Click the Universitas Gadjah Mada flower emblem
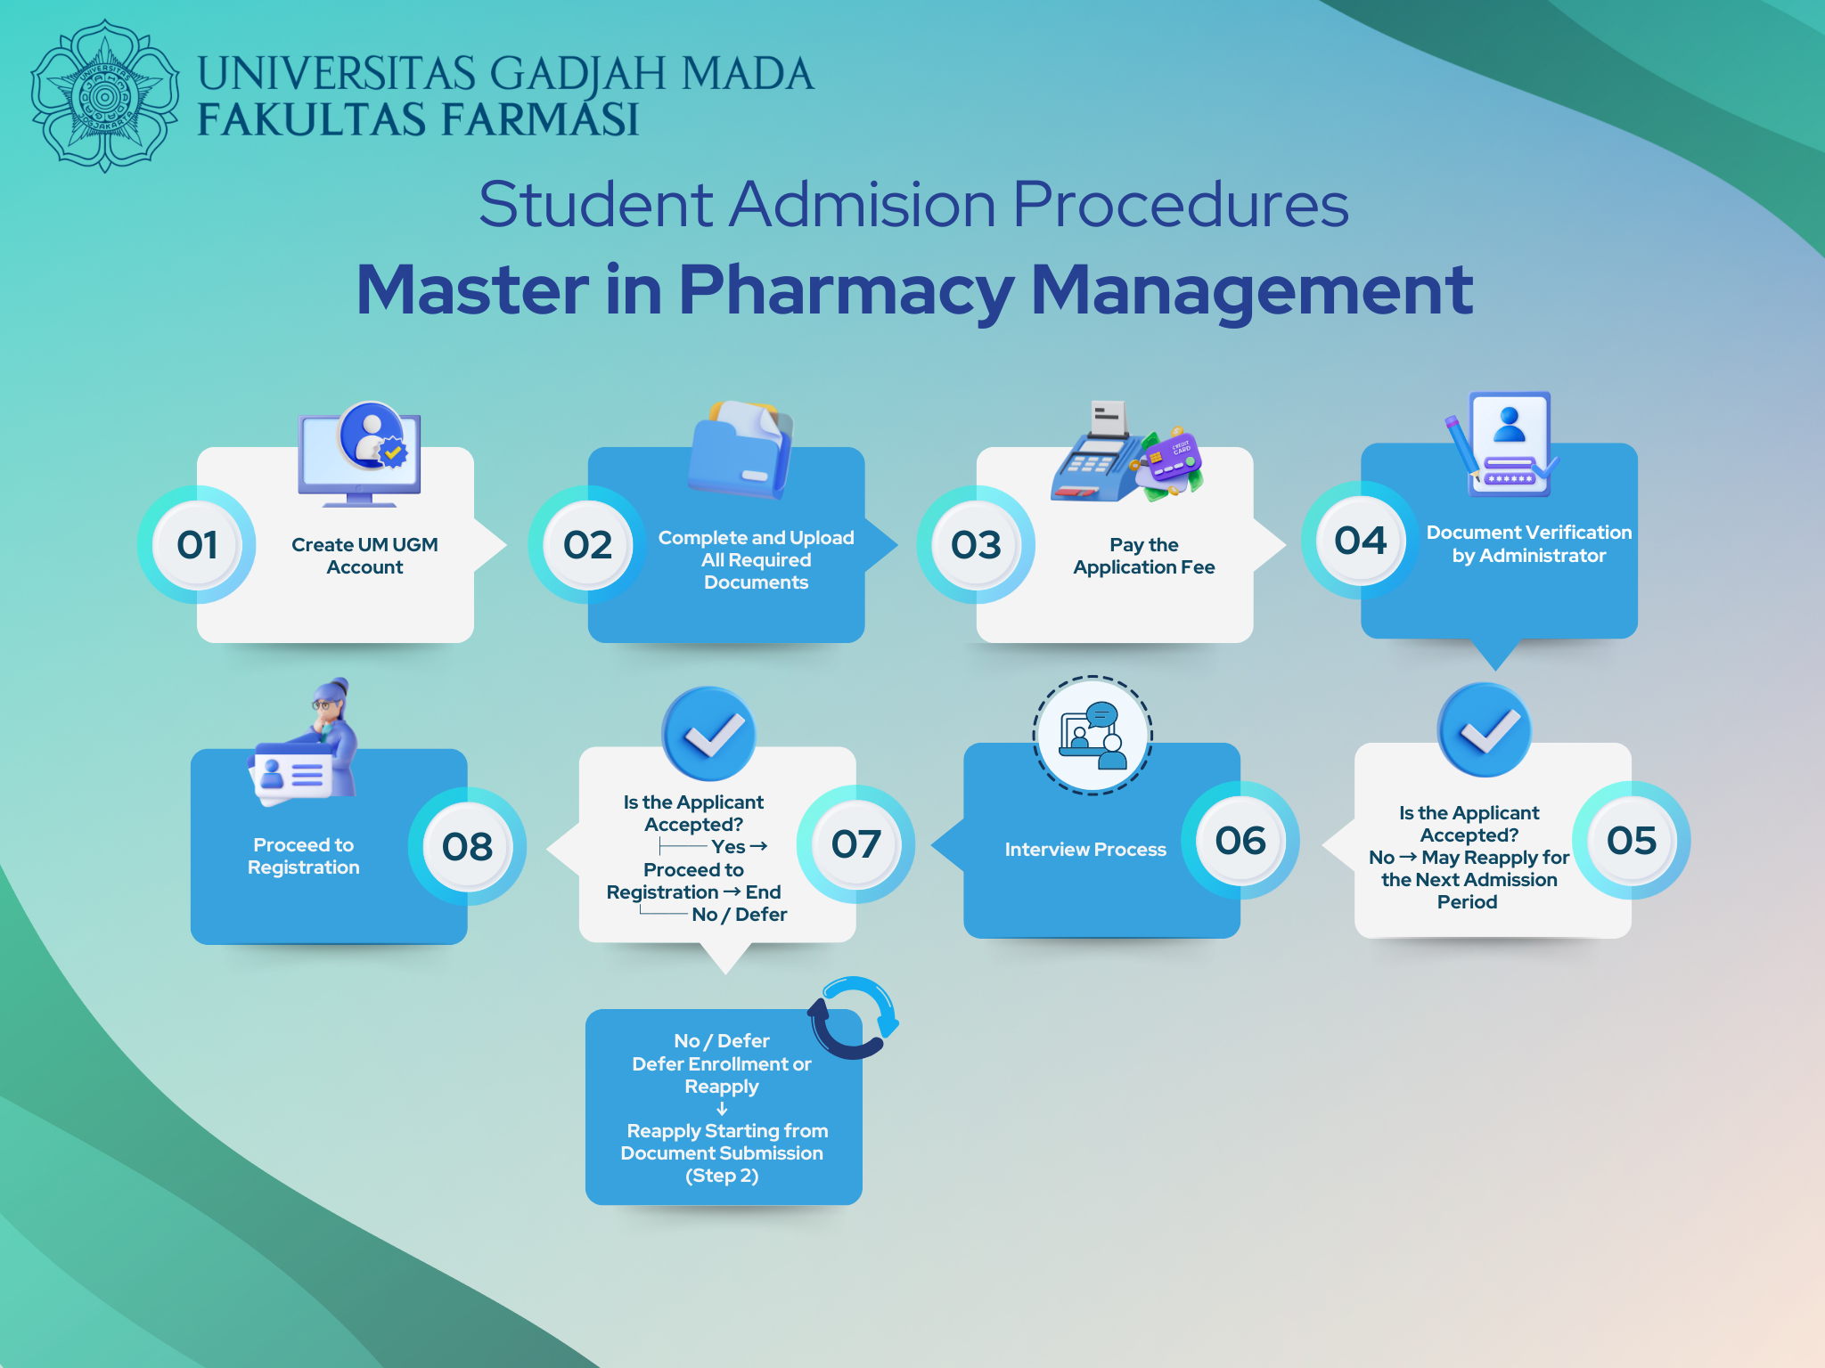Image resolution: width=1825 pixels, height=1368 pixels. coord(105,96)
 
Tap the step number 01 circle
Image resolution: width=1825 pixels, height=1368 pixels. coord(197,544)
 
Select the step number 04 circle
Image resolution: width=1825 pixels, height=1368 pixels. coord(1361,541)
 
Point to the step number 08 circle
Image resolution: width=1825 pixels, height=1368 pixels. coord(468,846)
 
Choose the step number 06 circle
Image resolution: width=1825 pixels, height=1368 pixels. coord(1240,840)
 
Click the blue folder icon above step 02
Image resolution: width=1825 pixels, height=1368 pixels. coord(741,449)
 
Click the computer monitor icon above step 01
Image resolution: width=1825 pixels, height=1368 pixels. coord(360,455)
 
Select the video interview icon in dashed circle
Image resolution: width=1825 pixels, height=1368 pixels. coord(1093,735)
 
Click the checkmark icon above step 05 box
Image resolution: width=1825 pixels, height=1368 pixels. coord(1485,730)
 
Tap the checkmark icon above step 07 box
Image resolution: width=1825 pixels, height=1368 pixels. coord(709,734)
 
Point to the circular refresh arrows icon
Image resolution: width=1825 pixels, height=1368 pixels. coord(854,1017)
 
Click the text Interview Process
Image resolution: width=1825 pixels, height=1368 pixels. coord(1085,850)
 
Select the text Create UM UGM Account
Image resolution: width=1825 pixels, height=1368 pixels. coord(364,556)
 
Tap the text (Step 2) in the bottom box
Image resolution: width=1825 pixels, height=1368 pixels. coord(722,1176)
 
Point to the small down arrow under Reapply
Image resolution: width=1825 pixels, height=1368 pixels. coord(722,1109)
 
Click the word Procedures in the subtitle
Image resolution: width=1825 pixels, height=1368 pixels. coord(1181,205)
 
